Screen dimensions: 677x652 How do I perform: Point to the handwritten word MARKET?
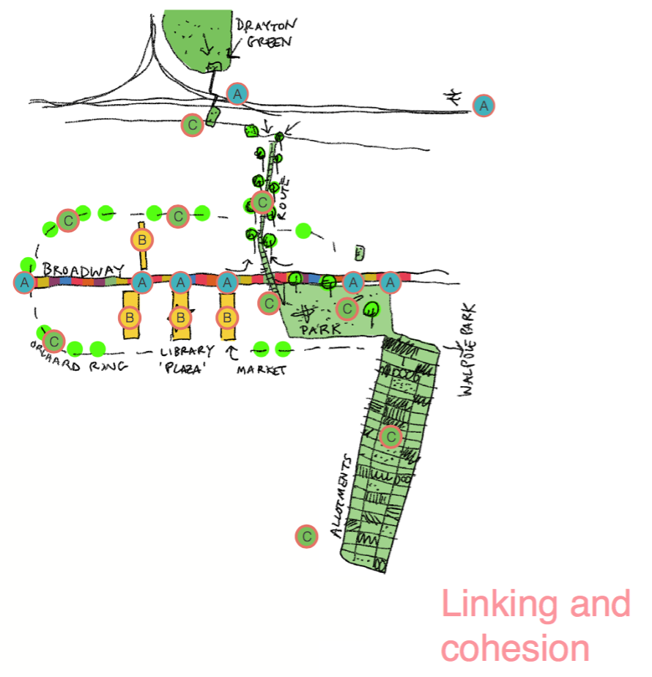[261, 370]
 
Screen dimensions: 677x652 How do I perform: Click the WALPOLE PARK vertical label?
[468, 351]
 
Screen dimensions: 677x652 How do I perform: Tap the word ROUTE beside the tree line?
[284, 199]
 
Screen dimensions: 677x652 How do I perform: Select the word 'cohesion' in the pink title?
[516, 648]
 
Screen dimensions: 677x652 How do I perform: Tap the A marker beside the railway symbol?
[484, 106]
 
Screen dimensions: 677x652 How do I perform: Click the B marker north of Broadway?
[142, 240]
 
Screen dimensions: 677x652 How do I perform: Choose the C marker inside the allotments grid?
[391, 437]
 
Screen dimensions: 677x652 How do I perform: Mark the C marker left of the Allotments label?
[307, 536]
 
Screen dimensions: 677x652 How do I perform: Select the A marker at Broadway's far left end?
[25, 281]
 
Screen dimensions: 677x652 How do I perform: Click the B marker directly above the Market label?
[228, 317]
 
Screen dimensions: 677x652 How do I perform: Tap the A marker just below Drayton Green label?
[237, 94]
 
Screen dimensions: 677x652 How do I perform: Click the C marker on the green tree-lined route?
[262, 201]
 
